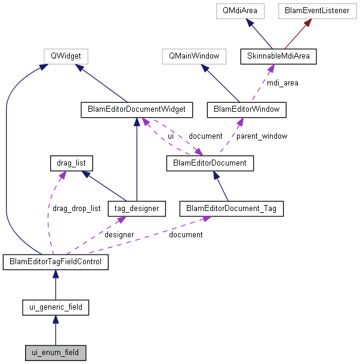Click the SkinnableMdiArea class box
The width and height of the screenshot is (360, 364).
coord(278,57)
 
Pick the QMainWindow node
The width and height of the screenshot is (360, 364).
coord(194,57)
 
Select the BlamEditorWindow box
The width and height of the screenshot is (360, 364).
coord(247,109)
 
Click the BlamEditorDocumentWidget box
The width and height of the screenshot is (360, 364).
coord(137,109)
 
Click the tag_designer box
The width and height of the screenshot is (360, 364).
coord(136,209)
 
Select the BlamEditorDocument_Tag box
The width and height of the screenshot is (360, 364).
coord(231,209)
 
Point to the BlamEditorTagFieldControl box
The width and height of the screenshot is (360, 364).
coord(56,262)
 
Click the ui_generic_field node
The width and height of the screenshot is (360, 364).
coord(56,308)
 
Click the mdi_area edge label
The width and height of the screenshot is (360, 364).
coord(282,83)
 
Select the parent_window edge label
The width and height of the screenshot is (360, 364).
coord(261,136)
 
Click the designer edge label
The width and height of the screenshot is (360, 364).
coord(119,235)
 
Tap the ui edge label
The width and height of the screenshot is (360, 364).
coord(171,136)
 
